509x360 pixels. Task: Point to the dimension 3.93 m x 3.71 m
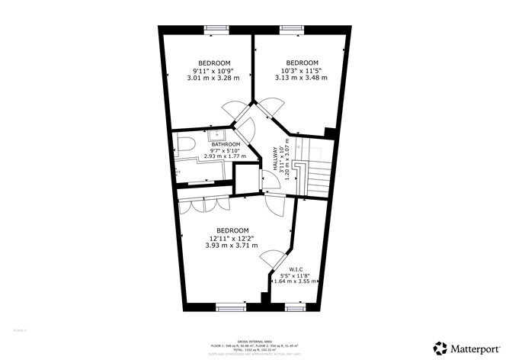232,246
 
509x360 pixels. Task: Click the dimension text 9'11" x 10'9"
213,70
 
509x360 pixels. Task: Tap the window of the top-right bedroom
291,29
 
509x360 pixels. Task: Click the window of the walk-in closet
296,307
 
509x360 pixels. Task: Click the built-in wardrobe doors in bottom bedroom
204,204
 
